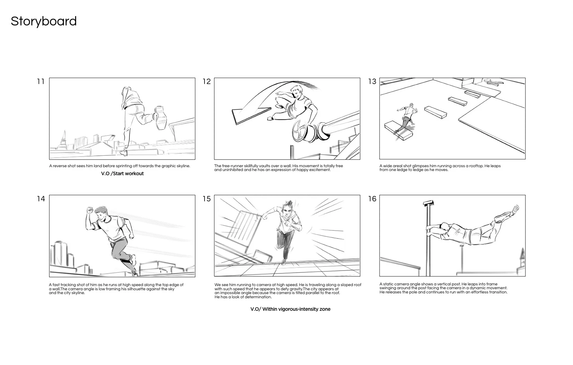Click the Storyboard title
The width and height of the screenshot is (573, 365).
(44, 21)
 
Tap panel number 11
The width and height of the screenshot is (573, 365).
(41, 82)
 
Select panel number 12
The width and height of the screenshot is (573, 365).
(207, 82)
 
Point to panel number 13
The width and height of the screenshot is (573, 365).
(372, 82)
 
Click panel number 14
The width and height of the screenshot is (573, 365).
(41, 199)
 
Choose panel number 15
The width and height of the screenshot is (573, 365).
(207, 199)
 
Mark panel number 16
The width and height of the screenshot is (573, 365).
(372, 199)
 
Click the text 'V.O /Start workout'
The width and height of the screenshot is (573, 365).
(122, 173)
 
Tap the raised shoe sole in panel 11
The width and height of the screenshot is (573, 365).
(160, 118)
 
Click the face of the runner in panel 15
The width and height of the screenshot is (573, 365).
(286, 211)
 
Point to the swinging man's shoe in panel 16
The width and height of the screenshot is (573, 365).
(515, 209)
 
